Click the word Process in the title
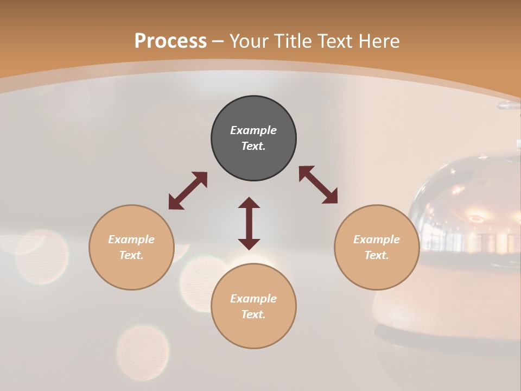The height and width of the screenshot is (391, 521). pyautogui.click(x=170, y=41)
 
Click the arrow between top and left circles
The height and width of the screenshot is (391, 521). pyautogui.click(x=188, y=191)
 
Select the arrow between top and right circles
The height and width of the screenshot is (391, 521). pyautogui.click(x=318, y=185)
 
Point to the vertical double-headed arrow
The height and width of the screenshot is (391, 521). pyautogui.click(x=249, y=223)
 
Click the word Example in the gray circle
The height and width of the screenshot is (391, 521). pyautogui.click(x=253, y=130)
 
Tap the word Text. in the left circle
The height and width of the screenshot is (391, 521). pyautogui.click(x=131, y=255)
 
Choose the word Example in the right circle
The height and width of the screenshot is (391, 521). pyautogui.click(x=377, y=239)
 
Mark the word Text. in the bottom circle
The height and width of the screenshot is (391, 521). pyautogui.click(x=253, y=314)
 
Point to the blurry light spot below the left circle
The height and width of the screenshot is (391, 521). pyautogui.click(x=143, y=348)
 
